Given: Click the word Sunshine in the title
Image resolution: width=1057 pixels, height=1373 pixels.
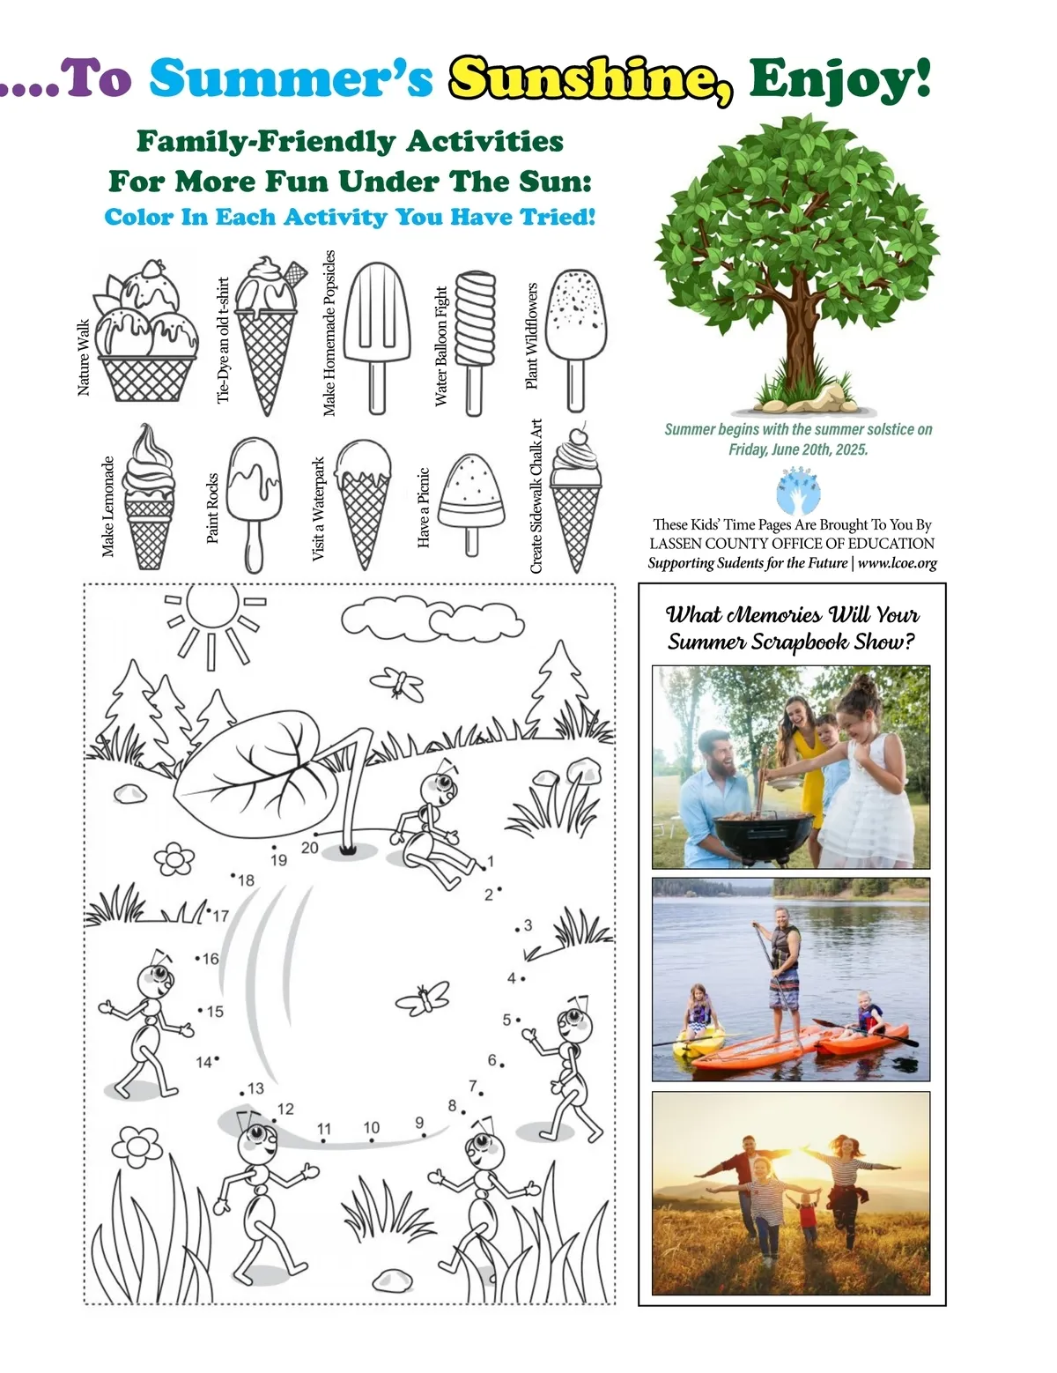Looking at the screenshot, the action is (590, 80).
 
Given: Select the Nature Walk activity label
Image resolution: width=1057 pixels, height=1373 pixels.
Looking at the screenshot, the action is (83, 358).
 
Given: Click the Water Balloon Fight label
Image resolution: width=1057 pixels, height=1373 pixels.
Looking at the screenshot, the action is (440, 345).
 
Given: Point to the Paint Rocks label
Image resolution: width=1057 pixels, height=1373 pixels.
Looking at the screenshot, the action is (212, 508).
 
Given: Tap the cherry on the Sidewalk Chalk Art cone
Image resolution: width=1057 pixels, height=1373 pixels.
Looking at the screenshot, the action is (577, 436).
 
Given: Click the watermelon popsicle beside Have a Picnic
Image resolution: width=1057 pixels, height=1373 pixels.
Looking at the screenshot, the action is (471, 504).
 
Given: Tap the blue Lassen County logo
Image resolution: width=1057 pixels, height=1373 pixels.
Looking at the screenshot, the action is (798, 491).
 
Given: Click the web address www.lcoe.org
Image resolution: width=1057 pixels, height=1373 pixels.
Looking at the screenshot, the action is (898, 563).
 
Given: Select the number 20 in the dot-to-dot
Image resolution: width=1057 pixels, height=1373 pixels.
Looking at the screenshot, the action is (309, 848).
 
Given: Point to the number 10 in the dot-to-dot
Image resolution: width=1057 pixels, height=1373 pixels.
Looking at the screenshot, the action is (372, 1127).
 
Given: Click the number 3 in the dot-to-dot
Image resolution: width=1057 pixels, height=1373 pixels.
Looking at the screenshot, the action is (528, 925).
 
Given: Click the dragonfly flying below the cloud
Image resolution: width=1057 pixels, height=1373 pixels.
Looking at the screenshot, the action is (397, 684).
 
